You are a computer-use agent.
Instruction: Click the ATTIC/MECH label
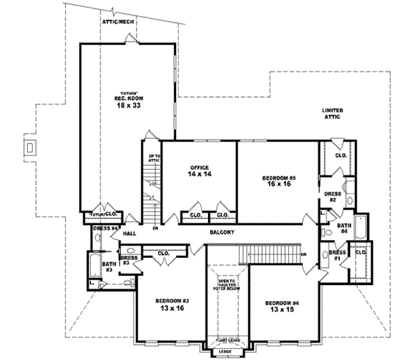pyautogui.click(x=118, y=22)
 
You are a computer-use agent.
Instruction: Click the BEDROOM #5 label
pyautogui.click(x=279, y=178)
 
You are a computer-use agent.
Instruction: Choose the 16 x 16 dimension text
pyautogui.click(x=279, y=185)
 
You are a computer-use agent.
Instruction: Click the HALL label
pyautogui.click(x=130, y=234)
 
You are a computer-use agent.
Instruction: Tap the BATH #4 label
pyautogui.click(x=343, y=228)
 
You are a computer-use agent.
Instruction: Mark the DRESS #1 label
pyautogui.click(x=337, y=255)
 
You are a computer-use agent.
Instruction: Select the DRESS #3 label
pyautogui.click(x=130, y=260)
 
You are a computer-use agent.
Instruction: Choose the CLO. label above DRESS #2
pyautogui.click(x=340, y=155)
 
